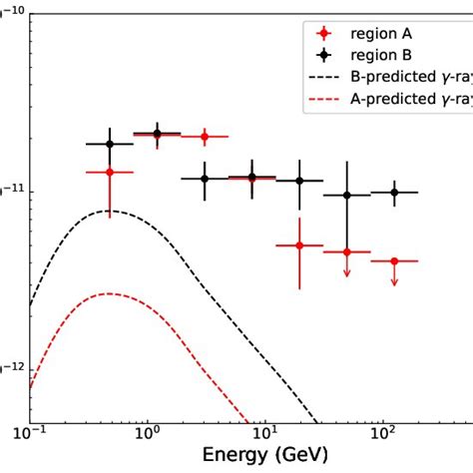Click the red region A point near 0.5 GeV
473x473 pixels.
click(110, 172)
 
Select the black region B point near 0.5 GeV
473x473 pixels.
click(110, 144)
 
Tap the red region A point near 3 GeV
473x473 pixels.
click(204, 136)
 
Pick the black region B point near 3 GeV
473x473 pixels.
click(204, 179)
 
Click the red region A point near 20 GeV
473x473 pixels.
click(299, 244)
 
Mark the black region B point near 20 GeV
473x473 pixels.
click(299, 181)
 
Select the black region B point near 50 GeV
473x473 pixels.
click(347, 196)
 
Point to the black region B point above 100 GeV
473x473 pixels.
click(394, 192)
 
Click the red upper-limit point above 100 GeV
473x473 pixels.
click(394, 261)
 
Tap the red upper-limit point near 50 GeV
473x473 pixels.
click(347, 252)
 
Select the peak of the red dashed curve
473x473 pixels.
click(110, 293)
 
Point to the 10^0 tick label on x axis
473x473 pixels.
click(147, 435)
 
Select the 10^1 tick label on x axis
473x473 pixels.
click(264, 435)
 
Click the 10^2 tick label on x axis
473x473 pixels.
click(382, 435)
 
